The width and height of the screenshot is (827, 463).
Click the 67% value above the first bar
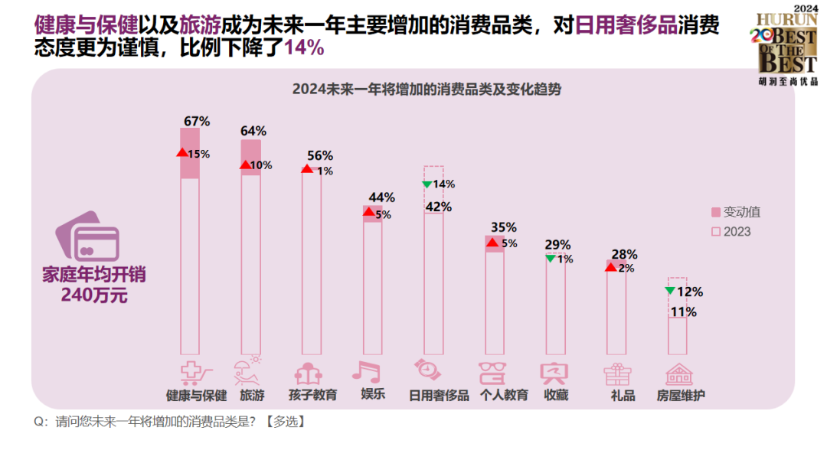tap(197, 121)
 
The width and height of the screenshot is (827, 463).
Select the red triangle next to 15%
tap(182, 152)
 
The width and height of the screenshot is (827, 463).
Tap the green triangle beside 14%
tap(427, 184)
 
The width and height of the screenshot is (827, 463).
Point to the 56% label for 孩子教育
tap(319, 155)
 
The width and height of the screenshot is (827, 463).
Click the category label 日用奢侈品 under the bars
tap(439, 396)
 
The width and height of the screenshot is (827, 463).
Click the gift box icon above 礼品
tap(617, 373)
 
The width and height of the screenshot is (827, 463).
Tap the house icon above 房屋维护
tap(679, 373)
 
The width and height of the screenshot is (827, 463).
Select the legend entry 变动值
tap(736, 212)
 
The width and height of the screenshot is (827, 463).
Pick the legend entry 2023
tap(731, 231)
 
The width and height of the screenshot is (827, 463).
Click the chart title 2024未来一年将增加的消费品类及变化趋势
tap(427, 89)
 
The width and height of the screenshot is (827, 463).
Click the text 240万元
tap(94, 295)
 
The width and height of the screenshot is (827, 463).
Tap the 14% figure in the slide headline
tap(304, 47)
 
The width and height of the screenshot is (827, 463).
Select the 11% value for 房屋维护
tap(683, 312)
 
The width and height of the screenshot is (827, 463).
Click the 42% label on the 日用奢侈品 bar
tap(439, 207)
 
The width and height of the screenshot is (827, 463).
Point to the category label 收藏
tap(556, 396)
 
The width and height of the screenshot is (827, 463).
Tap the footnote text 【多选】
tap(285, 422)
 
